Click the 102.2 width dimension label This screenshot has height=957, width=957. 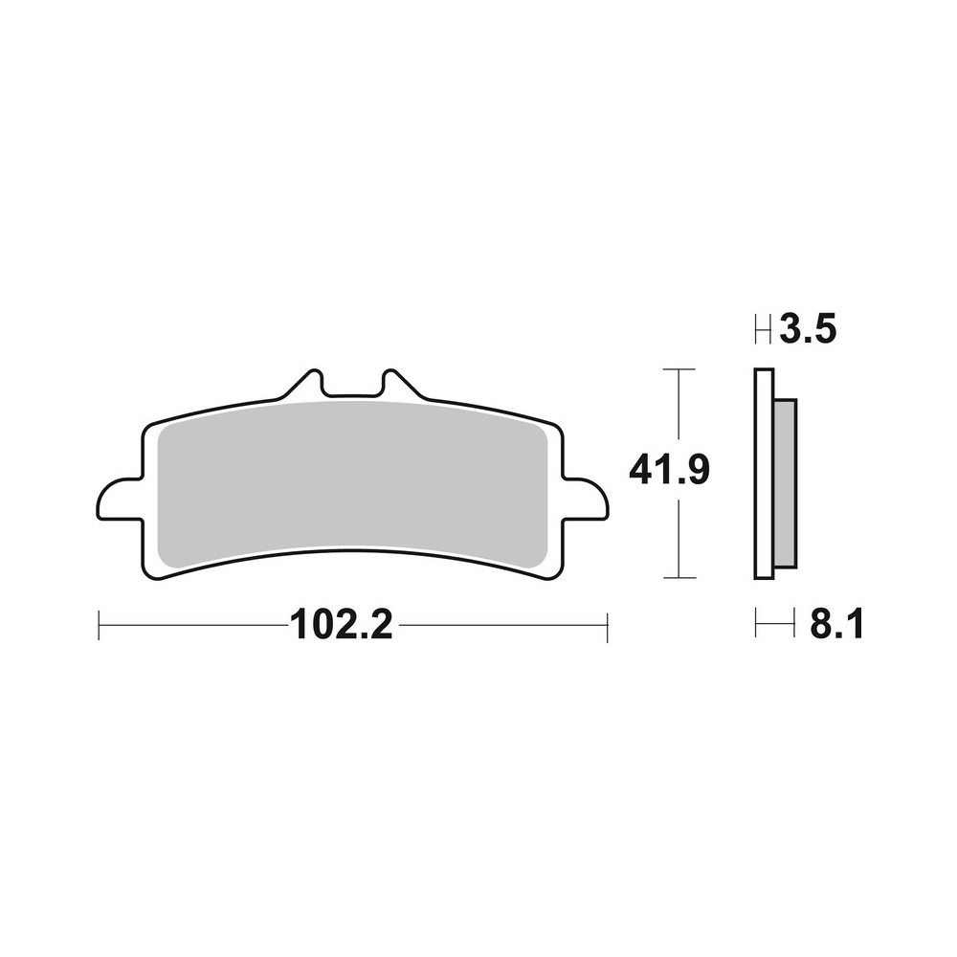341,628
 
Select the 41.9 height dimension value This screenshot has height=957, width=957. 668,471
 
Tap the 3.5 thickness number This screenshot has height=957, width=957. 809,331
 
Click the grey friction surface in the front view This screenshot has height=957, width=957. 352,478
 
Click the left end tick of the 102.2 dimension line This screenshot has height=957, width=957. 100,628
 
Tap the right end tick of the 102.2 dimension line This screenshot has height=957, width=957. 607,628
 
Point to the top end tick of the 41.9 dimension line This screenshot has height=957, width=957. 679,368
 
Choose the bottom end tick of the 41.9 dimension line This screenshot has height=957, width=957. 679,578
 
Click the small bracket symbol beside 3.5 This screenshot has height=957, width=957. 764,332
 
